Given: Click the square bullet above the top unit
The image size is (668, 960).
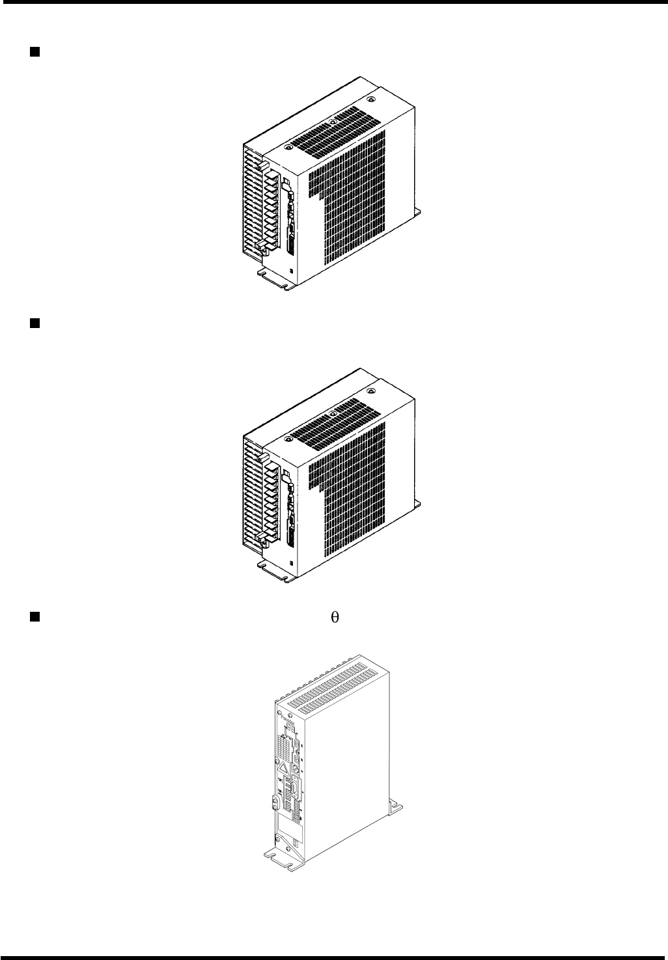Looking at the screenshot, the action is pos(34,50).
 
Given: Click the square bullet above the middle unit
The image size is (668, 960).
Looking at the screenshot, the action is pos(34,322).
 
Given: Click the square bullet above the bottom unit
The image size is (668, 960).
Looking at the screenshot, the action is pos(34,616).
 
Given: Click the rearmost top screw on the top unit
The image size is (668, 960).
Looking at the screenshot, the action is pos(371,100).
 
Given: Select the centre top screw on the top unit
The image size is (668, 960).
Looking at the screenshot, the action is pos(332,121).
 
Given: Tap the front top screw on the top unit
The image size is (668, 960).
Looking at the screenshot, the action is pos(287,148).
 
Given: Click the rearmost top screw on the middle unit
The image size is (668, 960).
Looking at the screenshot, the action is pos(371,391).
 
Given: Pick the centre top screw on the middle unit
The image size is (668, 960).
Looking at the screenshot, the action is pos(332,413).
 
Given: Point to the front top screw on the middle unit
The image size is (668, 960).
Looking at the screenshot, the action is pos(287,439).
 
